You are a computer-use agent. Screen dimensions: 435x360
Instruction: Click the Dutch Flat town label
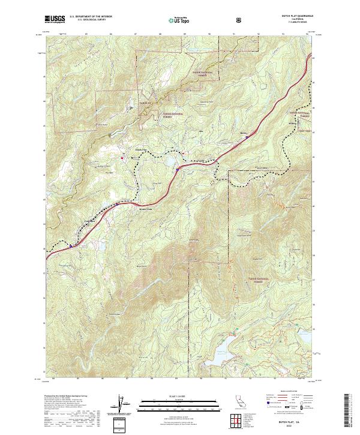137,149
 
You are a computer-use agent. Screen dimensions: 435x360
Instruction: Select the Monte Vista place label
146,209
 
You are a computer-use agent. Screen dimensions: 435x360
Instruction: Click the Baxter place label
243,134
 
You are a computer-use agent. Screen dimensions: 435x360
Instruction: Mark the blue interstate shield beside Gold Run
70,245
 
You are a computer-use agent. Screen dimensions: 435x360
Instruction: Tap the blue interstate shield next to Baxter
247,137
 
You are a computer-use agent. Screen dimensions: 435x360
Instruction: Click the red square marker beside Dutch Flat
122,158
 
